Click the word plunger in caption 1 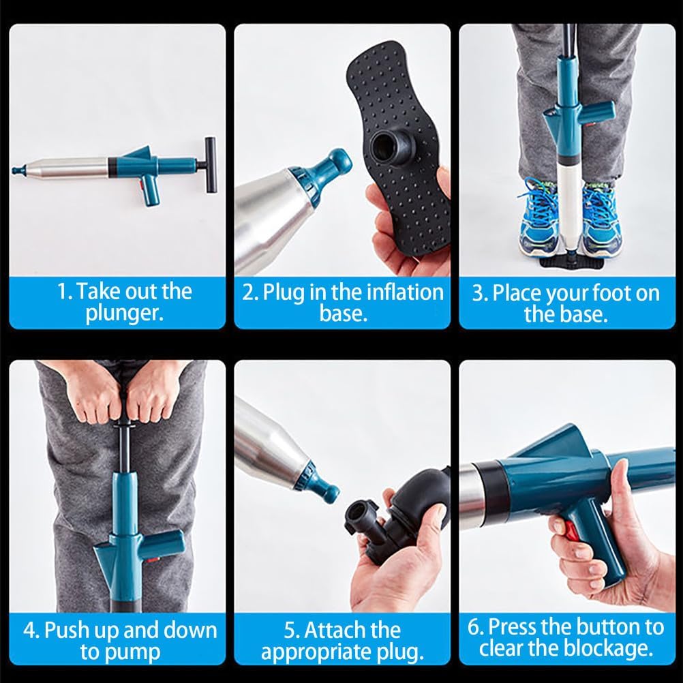click(x=125, y=315)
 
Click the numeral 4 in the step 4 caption click(x=30, y=629)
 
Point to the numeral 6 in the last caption click(x=475, y=626)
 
